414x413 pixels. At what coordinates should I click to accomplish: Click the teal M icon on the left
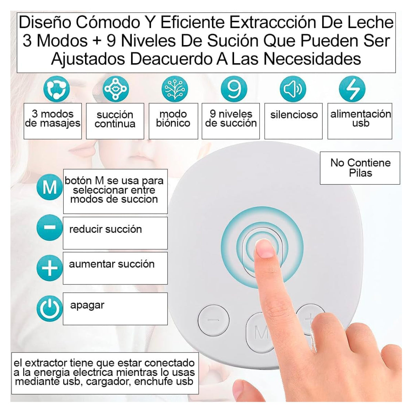[50, 187]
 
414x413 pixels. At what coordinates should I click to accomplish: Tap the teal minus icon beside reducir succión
[50, 227]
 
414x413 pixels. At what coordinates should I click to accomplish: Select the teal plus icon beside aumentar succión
[50, 268]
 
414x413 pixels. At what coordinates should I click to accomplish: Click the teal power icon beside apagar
[50, 308]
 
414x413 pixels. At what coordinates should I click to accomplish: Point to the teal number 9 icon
[234, 89]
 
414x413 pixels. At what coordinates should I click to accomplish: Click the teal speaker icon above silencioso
[293, 89]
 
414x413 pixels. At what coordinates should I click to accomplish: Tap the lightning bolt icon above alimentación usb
[352, 89]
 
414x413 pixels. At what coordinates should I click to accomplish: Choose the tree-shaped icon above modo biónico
[175, 89]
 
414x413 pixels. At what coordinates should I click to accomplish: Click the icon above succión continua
[116, 89]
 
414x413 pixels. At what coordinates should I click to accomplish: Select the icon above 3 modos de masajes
[56, 89]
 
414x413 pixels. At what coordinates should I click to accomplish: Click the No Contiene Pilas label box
[360, 168]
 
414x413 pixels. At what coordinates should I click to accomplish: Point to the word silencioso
[294, 115]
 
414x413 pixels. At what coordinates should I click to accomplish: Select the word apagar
[87, 305]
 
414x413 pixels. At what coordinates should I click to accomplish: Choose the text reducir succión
[105, 229]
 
